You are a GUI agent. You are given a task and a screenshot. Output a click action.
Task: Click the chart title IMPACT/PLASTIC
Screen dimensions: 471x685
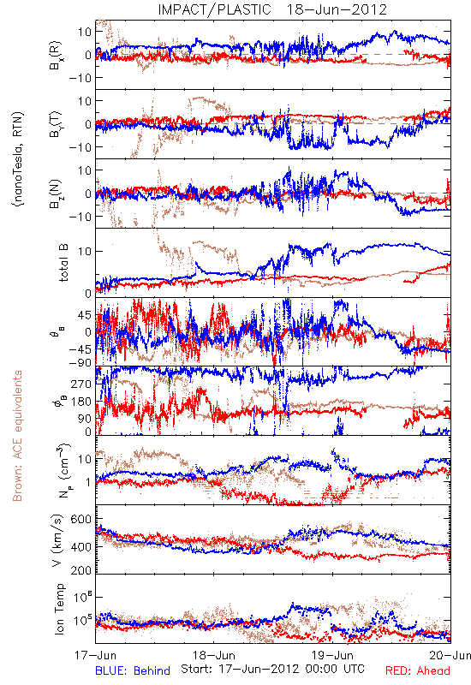click(215, 9)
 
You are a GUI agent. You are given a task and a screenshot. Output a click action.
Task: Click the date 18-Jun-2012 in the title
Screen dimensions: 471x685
click(337, 9)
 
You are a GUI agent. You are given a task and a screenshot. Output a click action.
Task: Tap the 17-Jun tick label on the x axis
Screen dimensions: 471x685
click(96, 655)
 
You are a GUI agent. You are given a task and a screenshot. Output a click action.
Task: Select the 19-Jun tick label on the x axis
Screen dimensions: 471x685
click(333, 655)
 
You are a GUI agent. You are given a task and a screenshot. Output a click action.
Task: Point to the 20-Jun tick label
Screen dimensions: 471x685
click(450, 655)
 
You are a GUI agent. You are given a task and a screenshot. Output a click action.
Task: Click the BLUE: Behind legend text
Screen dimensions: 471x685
click(133, 670)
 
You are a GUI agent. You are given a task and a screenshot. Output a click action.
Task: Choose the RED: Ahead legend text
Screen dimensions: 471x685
click(418, 670)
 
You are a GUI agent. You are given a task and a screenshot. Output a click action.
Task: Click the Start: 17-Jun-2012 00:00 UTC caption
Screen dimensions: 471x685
click(272, 669)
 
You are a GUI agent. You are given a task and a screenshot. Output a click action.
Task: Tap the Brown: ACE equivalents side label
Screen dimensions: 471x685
click(17, 436)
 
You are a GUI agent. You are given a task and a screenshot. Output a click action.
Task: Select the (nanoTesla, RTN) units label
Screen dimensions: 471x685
click(18, 159)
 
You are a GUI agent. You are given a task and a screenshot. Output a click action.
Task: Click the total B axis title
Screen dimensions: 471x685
click(63, 263)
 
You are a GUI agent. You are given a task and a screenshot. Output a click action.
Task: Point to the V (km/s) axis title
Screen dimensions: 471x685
click(58, 541)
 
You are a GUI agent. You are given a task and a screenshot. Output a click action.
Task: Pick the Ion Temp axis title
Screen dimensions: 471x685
click(59, 609)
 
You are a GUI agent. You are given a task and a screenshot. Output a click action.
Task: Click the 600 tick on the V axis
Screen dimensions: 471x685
click(81, 520)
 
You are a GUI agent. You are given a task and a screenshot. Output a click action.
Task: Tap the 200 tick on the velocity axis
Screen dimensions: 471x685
click(81, 569)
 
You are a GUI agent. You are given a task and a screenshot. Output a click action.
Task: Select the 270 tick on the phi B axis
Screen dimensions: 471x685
click(81, 384)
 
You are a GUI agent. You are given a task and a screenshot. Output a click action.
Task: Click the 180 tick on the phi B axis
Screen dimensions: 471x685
click(81, 402)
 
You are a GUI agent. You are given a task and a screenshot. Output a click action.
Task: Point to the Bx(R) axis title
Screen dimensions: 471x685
click(56, 56)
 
